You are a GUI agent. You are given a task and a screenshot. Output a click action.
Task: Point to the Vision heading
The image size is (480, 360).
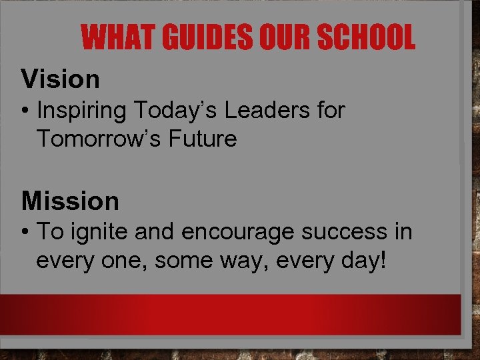60,79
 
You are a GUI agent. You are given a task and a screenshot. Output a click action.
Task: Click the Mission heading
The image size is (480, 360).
70,201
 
